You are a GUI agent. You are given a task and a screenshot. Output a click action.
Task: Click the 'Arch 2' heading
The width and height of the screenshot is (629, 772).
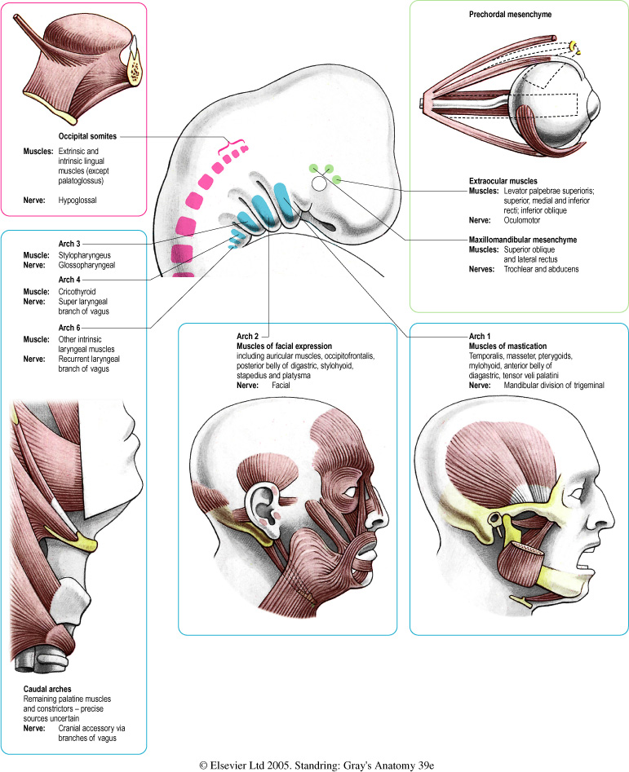click(247, 336)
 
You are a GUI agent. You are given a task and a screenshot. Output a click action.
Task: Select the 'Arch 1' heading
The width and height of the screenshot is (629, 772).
click(481, 336)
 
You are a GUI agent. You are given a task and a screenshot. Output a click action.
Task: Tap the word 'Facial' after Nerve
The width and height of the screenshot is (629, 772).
click(283, 396)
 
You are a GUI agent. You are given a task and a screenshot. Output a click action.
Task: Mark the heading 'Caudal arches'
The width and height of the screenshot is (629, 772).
click(48, 689)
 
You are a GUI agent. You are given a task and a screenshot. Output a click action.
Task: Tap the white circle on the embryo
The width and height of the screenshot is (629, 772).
click(320, 184)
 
